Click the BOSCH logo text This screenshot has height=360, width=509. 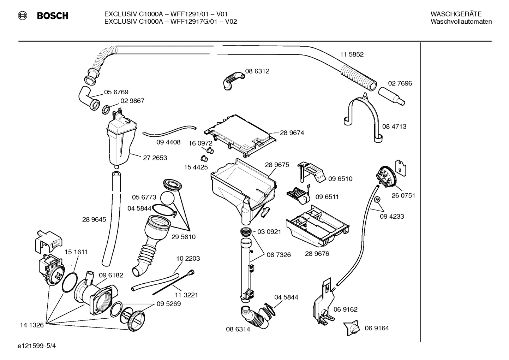coord(53,16)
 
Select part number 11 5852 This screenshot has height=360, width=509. coord(352,54)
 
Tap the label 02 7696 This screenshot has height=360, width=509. coord(400,83)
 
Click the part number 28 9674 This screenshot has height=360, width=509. coord(292,133)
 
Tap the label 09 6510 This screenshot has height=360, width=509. coord(340,179)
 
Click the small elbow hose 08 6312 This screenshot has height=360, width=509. coord(233,79)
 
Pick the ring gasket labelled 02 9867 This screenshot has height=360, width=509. coord(106,110)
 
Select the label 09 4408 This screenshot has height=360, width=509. coord(168,142)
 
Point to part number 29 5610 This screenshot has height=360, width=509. coord(184,237)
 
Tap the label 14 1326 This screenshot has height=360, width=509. coord(32,325)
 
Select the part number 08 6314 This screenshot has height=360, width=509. coord(238,329)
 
